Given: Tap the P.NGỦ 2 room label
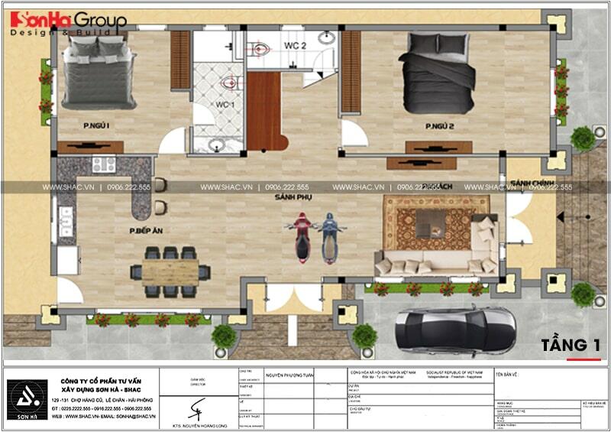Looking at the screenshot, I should point(441,125).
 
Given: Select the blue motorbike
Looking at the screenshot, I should point(329,238).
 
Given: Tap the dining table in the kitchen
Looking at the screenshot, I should point(170,272).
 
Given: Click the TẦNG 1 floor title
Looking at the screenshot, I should point(569,345).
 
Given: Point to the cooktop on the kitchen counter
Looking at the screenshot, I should point(103,164).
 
